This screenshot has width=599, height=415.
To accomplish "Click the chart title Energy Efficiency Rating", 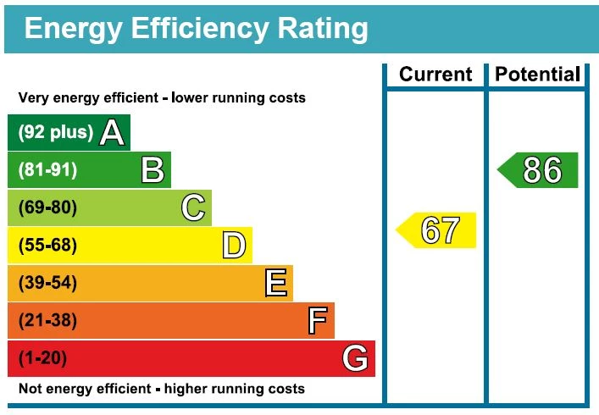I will [x=196, y=29].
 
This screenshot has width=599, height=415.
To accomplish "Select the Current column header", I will [x=435, y=75].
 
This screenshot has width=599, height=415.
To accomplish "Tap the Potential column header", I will [x=538, y=75].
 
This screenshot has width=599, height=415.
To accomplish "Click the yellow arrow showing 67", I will [x=437, y=230].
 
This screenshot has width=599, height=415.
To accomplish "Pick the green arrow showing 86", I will [x=538, y=170].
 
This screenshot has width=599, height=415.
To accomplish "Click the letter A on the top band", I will [x=112, y=132].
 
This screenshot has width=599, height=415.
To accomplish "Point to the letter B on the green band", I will [x=153, y=170].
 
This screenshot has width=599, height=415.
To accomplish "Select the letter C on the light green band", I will [x=193, y=207].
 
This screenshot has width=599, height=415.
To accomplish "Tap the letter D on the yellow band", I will [x=234, y=246].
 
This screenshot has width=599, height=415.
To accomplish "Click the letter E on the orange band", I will [x=275, y=283].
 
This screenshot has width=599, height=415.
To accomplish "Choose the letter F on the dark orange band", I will [x=317, y=321].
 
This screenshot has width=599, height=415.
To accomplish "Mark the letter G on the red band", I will [x=356, y=359].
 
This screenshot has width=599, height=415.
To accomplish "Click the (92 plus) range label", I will [x=55, y=133].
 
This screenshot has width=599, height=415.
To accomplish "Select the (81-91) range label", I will [x=48, y=170].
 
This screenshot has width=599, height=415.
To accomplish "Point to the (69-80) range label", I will [x=48, y=208].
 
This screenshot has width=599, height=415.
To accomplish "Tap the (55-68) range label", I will [x=48, y=246].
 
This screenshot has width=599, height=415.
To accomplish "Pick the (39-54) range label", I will [x=48, y=284].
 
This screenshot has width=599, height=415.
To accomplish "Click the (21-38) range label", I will [x=48, y=321].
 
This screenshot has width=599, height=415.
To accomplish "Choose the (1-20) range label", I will [x=42, y=359].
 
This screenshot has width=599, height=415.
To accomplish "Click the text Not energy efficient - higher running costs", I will [x=161, y=390].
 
